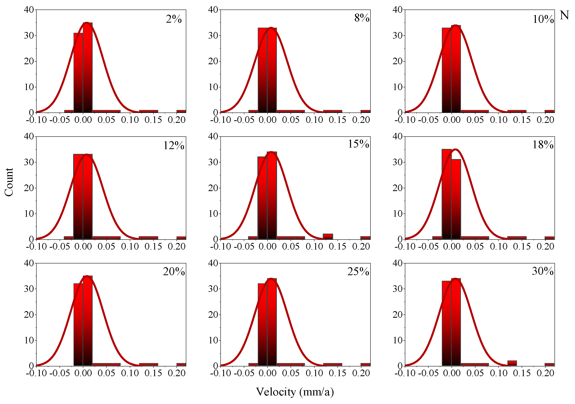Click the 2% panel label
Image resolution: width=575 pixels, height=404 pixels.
click(x=174, y=19)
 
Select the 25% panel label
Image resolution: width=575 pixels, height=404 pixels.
click(x=358, y=272)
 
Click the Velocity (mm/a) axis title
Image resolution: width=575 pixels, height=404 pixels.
click(x=295, y=392)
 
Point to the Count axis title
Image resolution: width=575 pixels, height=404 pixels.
click(x=9, y=182)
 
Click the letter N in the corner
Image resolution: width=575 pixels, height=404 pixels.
click(x=564, y=15)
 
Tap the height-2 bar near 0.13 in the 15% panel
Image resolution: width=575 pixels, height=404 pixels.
click(x=328, y=236)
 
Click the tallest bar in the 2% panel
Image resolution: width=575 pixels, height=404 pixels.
click(x=88, y=68)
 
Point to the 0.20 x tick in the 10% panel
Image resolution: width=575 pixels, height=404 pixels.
click(x=545, y=120)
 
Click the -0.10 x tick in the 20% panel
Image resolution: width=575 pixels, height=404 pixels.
click(x=36, y=373)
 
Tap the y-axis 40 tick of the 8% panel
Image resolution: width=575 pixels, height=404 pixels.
click(x=213, y=10)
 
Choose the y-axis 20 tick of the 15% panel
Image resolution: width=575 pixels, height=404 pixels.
click(x=213, y=188)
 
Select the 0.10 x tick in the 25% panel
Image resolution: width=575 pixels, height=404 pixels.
click(x=314, y=373)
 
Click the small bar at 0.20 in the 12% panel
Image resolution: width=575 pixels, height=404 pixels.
click(x=181, y=238)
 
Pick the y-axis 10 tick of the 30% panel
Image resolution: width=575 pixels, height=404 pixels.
click(x=398, y=340)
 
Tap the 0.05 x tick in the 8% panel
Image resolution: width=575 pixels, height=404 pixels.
click(x=291, y=120)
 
